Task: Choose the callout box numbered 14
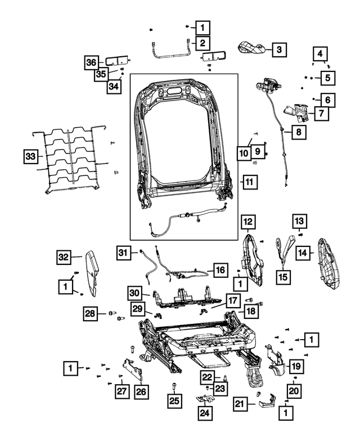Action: [x=303, y=253]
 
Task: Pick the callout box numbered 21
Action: [x=241, y=403]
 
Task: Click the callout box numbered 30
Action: [x=133, y=293]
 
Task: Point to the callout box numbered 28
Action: [x=90, y=313]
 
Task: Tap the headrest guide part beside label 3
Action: [x=253, y=48]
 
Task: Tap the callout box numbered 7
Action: [x=321, y=114]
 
